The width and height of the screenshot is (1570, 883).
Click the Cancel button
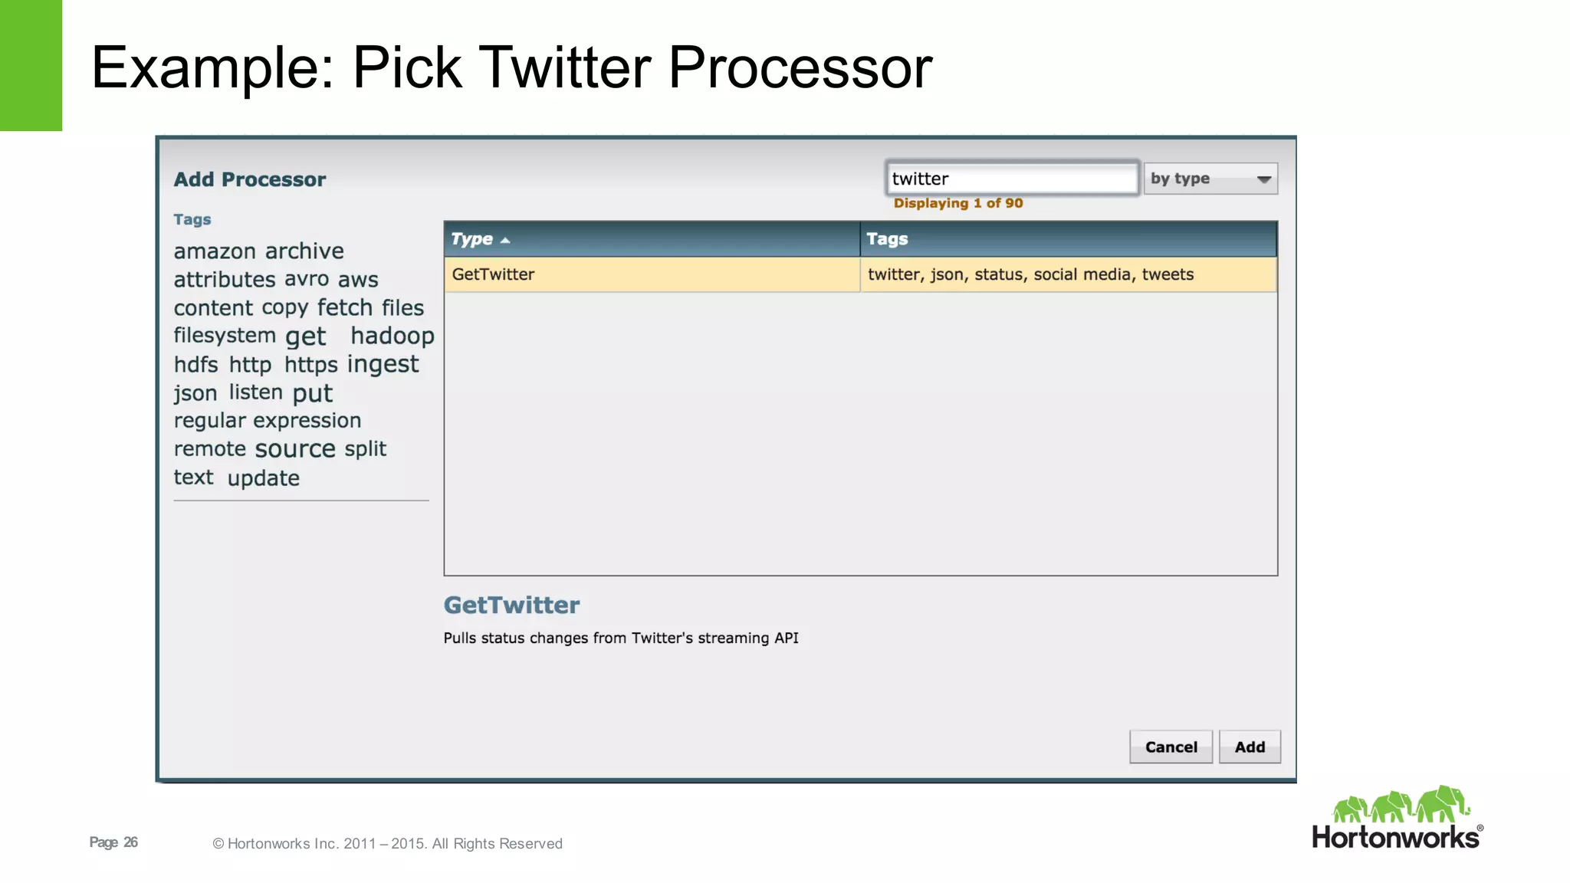pyautogui.click(x=1171, y=747)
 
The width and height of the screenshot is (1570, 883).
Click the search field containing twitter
pyautogui.click(x=1012, y=179)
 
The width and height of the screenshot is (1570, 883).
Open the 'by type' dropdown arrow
pyautogui.click(x=1264, y=179)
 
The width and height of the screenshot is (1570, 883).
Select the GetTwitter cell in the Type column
pyautogui.click(x=651, y=274)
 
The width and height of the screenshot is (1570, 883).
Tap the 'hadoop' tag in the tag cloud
pyautogui.click(x=392, y=336)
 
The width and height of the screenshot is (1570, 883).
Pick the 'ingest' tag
pyautogui.click(x=383, y=364)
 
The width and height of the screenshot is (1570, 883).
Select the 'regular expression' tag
pyautogui.click(x=268, y=421)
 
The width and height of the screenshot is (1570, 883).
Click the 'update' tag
pyautogui.click(x=264, y=478)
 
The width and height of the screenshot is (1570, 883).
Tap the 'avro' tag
pyautogui.click(x=307, y=279)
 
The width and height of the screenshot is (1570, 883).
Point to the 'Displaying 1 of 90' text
pyautogui.click(x=958, y=203)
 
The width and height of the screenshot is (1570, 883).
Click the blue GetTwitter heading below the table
pyautogui.click(x=511, y=606)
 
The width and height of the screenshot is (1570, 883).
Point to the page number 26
pyautogui.click(x=131, y=842)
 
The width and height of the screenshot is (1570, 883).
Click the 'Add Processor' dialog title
pyautogui.click(x=250, y=179)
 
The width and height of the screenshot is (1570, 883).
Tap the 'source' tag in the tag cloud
pyautogui.click(x=295, y=448)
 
